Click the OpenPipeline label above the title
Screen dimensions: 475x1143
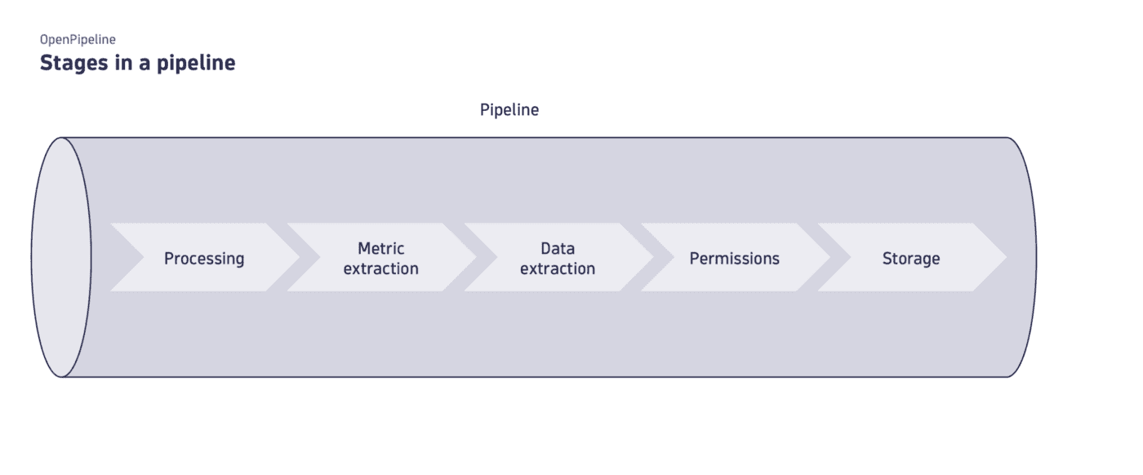coord(78,38)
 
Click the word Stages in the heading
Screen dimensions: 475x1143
coord(72,63)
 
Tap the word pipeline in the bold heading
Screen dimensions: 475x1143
coord(196,63)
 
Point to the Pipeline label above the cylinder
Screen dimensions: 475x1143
coord(509,109)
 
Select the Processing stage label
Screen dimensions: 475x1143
coord(204,259)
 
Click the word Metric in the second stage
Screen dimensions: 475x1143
coord(380,248)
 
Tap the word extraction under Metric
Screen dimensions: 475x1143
coord(380,269)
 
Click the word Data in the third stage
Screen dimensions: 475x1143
coord(557,248)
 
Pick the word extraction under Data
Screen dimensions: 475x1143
coord(557,269)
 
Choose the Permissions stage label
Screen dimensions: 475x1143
coord(734,259)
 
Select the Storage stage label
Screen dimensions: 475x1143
coord(910,259)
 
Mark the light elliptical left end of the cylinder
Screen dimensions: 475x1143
coord(61,257)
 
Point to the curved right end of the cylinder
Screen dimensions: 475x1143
coord(1030,257)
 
